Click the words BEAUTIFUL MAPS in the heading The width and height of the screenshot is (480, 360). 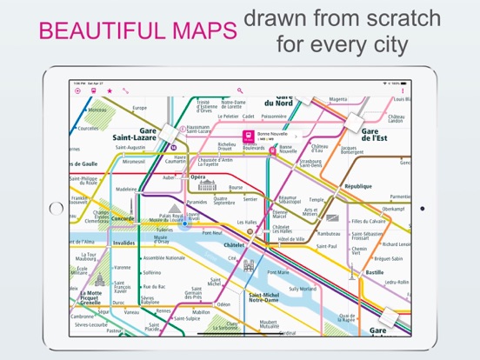click(138, 32)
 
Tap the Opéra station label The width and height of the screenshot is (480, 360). click(197, 177)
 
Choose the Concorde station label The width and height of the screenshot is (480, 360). click(122, 218)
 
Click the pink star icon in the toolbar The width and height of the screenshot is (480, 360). click(109, 90)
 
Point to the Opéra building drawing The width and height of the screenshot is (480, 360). click(207, 185)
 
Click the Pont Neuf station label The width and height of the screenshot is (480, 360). click(211, 232)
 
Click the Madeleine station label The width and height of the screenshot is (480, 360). click(126, 189)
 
